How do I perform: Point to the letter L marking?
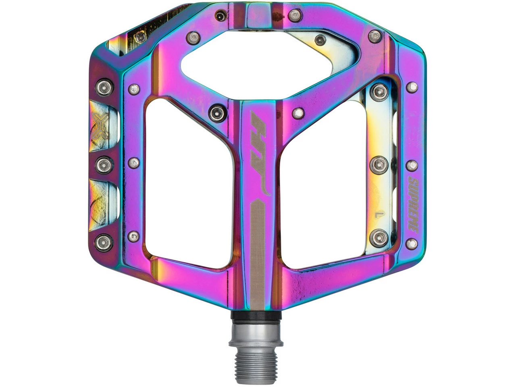click(x=378, y=212)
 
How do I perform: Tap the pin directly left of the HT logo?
click(x=216, y=112)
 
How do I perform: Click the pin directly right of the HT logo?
click(x=298, y=112)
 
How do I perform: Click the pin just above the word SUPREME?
click(x=412, y=165)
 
